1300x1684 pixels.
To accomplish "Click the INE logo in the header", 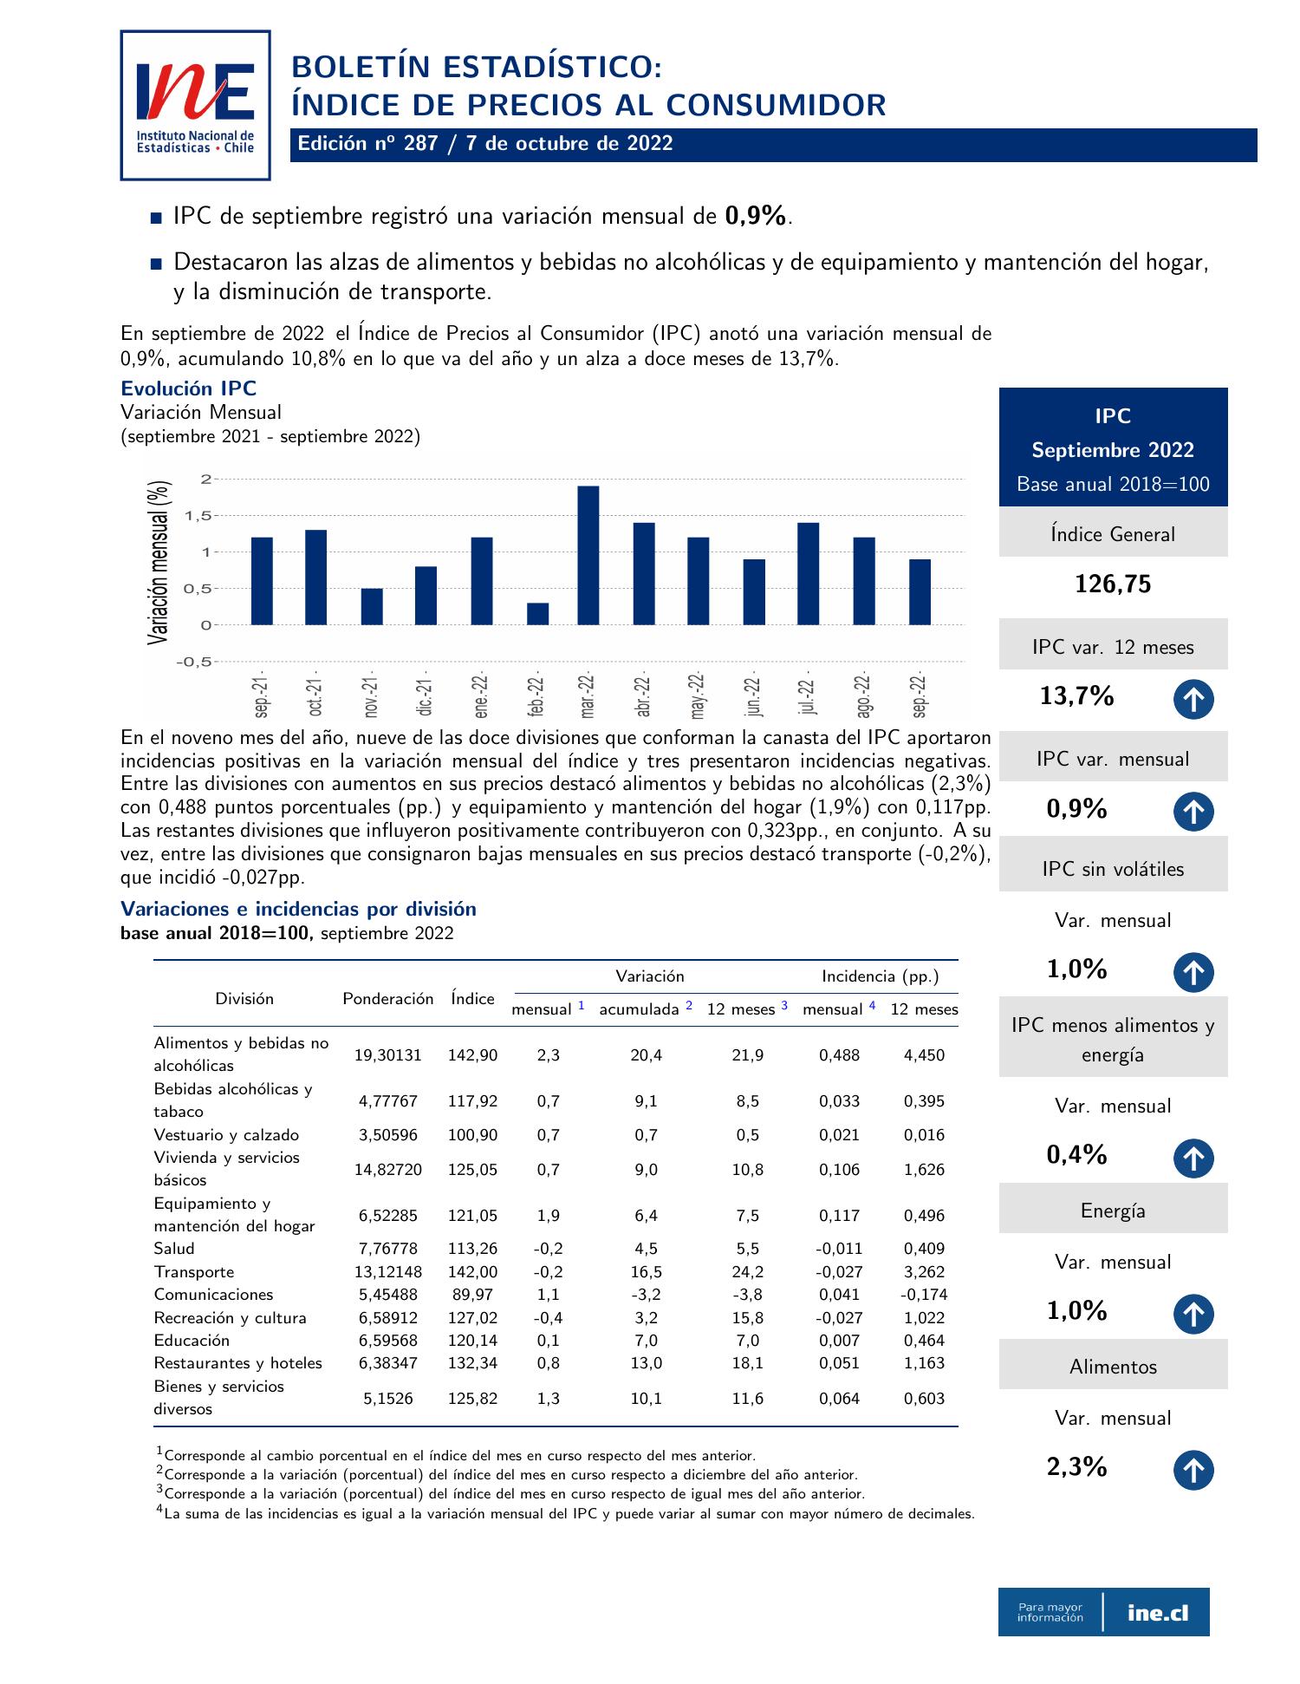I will (195, 105).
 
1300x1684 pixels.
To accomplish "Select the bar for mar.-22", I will (588, 555).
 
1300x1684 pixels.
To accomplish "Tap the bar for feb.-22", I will (537, 613).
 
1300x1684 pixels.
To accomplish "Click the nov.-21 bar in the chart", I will (372, 606).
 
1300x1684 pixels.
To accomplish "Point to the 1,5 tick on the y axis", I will (198, 516).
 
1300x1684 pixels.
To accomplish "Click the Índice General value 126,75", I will (1113, 584).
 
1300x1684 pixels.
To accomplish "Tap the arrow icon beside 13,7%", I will (1193, 701).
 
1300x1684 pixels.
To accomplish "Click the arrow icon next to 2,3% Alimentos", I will (1193, 1471).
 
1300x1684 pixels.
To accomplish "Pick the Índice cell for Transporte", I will (472, 1272).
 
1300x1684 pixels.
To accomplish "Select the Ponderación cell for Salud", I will (387, 1249).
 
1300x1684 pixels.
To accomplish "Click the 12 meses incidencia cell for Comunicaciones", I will (924, 1295).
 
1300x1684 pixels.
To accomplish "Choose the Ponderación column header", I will (387, 999).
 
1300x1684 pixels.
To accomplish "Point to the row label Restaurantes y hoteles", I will (237, 1363).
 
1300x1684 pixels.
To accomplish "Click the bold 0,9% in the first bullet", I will (756, 216).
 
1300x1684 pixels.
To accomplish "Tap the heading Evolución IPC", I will (188, 388).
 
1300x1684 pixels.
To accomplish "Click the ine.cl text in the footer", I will (1158, 1613).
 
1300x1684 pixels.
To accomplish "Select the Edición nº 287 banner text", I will (485, 144).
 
